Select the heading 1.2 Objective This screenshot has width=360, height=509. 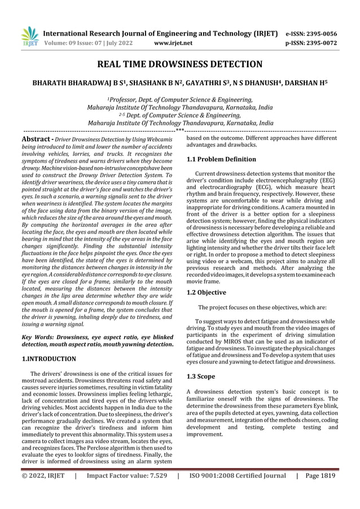tap(206, 293)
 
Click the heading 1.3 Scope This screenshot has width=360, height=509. tap(201, 376)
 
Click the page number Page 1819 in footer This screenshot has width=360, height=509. tap(320, 492)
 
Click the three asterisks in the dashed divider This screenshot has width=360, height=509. tap(179, 131)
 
